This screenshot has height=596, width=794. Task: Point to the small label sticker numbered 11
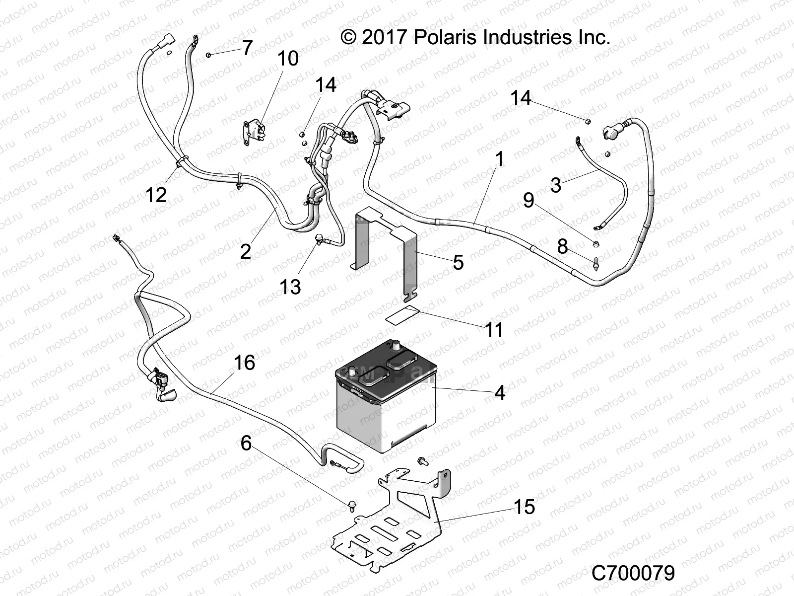tap(402, 316)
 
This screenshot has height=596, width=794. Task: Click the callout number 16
tap(244, 363)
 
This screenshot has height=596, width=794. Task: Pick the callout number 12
tap(156, 195)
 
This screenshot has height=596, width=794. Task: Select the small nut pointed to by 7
tap(209, 54)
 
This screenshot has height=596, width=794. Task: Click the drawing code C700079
tap(633, 573)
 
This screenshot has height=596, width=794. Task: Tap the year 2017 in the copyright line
tap(385, 38)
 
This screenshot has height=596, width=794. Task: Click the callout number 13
tap(290, 287)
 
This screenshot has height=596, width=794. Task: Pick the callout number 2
tap(246, 252)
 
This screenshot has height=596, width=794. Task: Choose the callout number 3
tap(556, 185)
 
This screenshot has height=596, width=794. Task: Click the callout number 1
tap(500, 159)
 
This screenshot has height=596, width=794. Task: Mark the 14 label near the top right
tap(521, 98)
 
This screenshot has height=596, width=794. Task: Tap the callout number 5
tap(458, 262)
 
